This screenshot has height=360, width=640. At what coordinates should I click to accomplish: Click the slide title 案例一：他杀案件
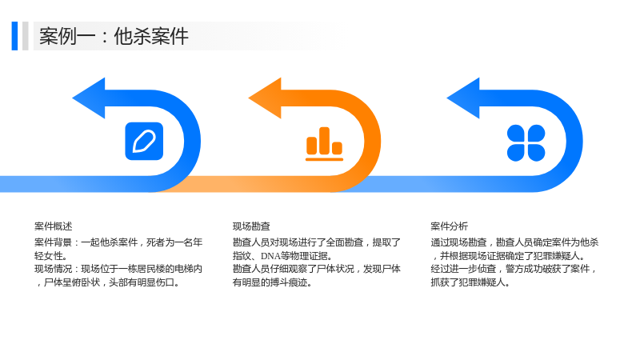114,36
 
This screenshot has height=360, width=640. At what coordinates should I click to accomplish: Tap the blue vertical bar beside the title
14,36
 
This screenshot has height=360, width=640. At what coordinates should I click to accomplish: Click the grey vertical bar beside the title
26,36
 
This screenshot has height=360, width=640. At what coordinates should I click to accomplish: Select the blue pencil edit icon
144,142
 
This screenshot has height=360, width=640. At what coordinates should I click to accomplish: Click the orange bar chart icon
325,144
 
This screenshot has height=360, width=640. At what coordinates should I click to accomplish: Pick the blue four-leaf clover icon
526,143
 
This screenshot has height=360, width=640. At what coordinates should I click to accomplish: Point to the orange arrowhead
265,98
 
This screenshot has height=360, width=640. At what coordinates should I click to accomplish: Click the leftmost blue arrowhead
89,98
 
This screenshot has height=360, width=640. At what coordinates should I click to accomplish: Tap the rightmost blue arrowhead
463,98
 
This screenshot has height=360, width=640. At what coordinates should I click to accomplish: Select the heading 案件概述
53,226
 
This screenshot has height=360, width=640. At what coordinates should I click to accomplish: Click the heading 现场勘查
251,226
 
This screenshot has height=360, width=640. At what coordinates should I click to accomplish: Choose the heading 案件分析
450,226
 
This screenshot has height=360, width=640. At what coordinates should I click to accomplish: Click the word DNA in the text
270,256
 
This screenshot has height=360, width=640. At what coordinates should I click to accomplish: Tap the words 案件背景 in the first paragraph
53,242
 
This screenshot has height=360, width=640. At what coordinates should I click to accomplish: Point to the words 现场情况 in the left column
53,269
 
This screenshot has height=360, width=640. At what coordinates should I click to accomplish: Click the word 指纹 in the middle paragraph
242,256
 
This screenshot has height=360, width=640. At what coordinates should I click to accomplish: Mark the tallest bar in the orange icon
325,141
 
